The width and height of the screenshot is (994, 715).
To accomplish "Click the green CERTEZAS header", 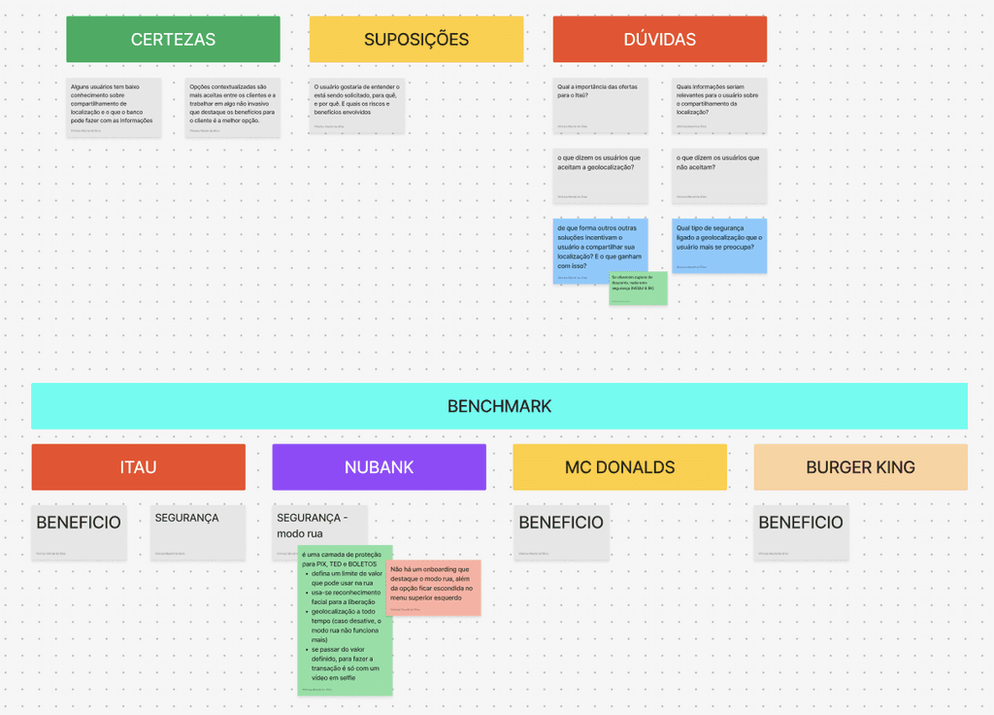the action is [x=173, y=40].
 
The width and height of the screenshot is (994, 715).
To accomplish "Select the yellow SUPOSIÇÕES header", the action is [x=416, y=40].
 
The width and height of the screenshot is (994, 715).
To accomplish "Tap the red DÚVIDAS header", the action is [x=660, y=40].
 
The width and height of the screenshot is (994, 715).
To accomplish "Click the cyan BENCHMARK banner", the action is [x=499, y=406].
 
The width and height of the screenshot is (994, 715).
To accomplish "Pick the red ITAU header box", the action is [x=138, y=467].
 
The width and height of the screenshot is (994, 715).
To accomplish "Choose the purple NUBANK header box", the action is [x=379, y=467].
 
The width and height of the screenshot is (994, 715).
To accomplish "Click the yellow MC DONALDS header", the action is [x=619, y=467].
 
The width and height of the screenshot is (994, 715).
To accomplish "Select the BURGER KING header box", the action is [x=860, y=467].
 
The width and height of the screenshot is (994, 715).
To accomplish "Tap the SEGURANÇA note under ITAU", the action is [x=198, y=532].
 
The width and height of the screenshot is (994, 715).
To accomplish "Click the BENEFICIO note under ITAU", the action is [x=79, y=532].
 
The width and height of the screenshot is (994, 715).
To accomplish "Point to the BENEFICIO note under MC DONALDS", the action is [x=561, y=532].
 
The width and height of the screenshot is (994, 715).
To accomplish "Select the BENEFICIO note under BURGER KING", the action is [x=801, y=532].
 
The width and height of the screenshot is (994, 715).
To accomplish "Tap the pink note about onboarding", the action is [x=433, y=587].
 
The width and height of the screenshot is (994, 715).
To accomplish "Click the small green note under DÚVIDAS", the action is [x=638, y=289].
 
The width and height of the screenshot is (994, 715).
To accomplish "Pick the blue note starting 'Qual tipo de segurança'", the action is [x=719, y=245].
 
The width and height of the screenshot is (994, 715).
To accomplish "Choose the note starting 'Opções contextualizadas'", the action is [x=233, y=105].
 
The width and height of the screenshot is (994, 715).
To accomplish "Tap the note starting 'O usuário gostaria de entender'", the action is [x=357, y=105].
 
